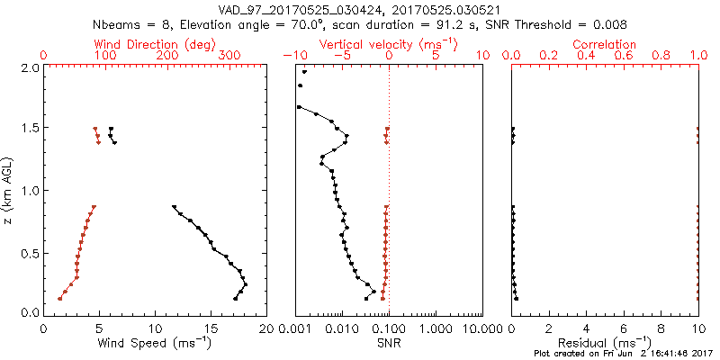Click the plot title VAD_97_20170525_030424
click(360, 9)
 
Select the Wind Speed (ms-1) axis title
click(156, 344)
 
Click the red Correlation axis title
click(604, 44)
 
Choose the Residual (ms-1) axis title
click(604, 344)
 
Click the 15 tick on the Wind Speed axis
click(211, 328)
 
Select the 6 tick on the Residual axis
click(623, 328)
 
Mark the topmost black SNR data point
click(305, 72)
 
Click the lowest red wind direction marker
click(59, 298)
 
